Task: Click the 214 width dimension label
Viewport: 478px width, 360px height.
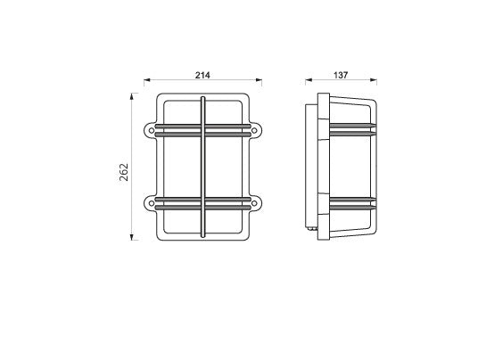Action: pos(202,75)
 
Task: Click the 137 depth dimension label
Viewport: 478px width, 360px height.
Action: pos(341,75)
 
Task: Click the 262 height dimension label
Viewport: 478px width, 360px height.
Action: pos(124,172)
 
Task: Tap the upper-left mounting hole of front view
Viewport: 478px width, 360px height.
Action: pos(152,130)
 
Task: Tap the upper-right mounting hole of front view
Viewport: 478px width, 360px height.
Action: pos(254,130)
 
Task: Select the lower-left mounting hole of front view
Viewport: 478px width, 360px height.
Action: pos(152,203)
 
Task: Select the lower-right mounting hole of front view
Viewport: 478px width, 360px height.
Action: pos(254,203)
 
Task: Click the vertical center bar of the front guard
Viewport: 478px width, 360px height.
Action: pos(202,167)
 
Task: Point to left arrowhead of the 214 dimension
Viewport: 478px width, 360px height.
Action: pos(147,80)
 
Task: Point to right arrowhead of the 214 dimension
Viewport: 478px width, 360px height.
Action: pos(259,80)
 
